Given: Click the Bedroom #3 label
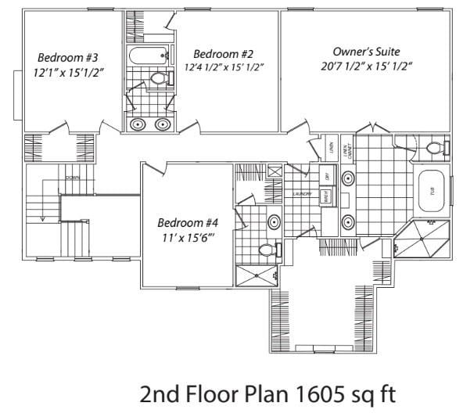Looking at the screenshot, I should pyautogui.click(x=66, y=57).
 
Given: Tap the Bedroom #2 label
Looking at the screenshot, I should pyautogui.click(x=224, y=53).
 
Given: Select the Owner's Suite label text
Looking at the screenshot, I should pyautogui.click(x=365, y=51).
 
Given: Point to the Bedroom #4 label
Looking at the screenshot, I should pyautogui.click(x=186, y=221).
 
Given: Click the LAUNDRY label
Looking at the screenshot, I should pyautogui.click(x=303, y=193).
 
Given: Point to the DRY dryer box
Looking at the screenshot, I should pyautogui.click(x=327, y=176).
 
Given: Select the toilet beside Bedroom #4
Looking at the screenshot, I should pyautogui.click(x=265, y=250).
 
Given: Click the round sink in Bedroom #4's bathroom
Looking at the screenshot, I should pyautogui.click(x=275, y=222).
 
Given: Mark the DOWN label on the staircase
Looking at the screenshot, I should pyautogui.click(x=72, y=178).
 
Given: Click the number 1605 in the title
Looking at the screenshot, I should pyautogui.click(x=311, y=394).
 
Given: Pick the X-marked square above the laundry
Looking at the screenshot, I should pyautogui.click(x=275, y=172).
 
